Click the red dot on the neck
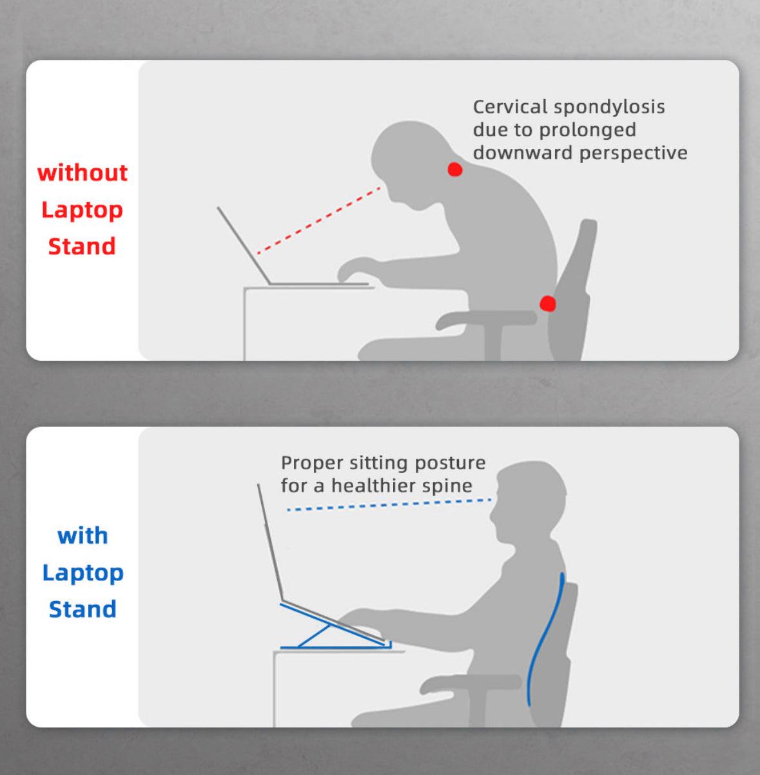[x=455, y=169]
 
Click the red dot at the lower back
[x=547, y=303]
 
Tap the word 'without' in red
[x=83, y=173]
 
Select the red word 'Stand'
[x=82, y=246]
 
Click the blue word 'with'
[x=83, y=535]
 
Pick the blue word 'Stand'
[x=83, y=609]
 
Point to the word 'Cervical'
[x=510, y=106]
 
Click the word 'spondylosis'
[x=609, y=107]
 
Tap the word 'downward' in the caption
[x=523, y=153]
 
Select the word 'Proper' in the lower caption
[x=312, y=463]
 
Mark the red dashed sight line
[x=319, y=220]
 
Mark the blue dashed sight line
[x=387, y=504]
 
